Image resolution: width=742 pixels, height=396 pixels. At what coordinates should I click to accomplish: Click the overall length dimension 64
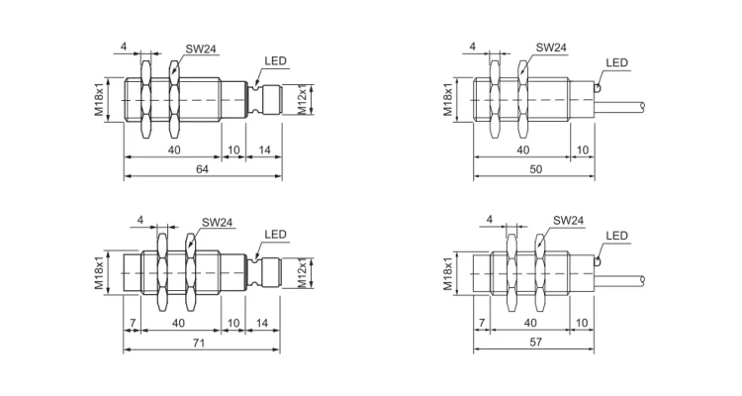click(x=202, y=169)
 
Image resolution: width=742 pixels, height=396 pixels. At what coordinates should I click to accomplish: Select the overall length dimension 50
click(x=535, y=169)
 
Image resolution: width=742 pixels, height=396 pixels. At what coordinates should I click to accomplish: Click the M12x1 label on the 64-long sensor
click(x=305, y=100)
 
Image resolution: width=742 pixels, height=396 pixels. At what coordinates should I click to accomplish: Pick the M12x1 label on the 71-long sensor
click(x=305, y=272)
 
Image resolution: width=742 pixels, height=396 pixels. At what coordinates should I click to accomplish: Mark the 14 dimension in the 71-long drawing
click(x=263, y=322)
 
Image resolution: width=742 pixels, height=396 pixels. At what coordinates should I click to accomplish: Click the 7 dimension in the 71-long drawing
click(x=133, y=322)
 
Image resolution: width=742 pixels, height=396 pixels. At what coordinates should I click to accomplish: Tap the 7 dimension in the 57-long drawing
click(x=482, y=322)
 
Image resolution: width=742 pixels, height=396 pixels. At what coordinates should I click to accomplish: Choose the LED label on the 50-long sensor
click(x=616, y=63)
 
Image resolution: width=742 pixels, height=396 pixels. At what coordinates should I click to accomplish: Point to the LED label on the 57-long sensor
click(x=616, y=236)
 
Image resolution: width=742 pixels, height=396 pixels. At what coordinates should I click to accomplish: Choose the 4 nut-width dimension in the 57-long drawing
click(x=489, y=219)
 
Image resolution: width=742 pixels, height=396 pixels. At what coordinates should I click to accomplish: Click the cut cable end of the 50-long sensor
click(x=643, y=105)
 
